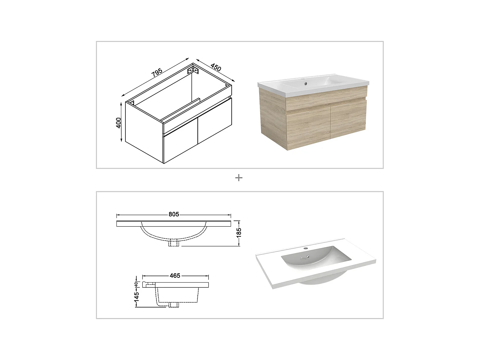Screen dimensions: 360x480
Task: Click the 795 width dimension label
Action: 157,73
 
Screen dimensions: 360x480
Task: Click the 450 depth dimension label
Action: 216,68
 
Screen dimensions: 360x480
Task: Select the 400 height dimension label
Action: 119,123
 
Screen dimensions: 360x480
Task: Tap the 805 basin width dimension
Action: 174,214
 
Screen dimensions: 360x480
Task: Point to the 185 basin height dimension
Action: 239,233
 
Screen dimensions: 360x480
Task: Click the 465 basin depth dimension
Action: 175,275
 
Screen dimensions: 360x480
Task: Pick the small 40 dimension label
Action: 136,284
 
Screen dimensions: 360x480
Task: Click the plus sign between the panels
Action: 239,178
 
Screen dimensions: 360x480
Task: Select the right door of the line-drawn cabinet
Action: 214,121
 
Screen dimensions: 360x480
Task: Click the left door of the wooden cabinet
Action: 308,126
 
